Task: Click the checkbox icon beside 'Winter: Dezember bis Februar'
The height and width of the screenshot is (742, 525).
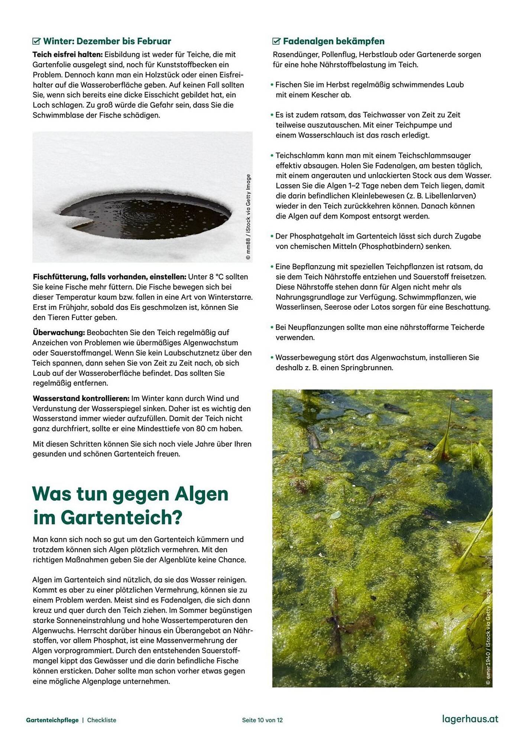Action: [36, 41]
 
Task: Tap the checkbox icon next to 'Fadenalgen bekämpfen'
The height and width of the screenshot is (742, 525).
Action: [276, 41]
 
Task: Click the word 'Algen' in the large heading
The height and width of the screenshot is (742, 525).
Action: [201, 494]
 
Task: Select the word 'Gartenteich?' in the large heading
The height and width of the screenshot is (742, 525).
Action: [121, 518]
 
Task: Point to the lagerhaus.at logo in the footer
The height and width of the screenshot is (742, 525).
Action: [470, 719]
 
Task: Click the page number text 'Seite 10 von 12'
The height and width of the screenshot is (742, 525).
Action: [262, 720]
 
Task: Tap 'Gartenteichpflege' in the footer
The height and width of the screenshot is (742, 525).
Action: [52, 720]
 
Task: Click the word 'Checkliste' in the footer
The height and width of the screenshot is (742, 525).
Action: [102, 720]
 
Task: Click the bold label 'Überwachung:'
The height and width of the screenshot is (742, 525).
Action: [59, 332]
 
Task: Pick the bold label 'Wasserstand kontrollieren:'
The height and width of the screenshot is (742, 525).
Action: [81, 398]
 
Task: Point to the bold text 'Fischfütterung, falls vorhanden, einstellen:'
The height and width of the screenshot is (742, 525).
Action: [110, 277]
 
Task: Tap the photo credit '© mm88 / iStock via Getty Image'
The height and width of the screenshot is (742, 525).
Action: [248, 217]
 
